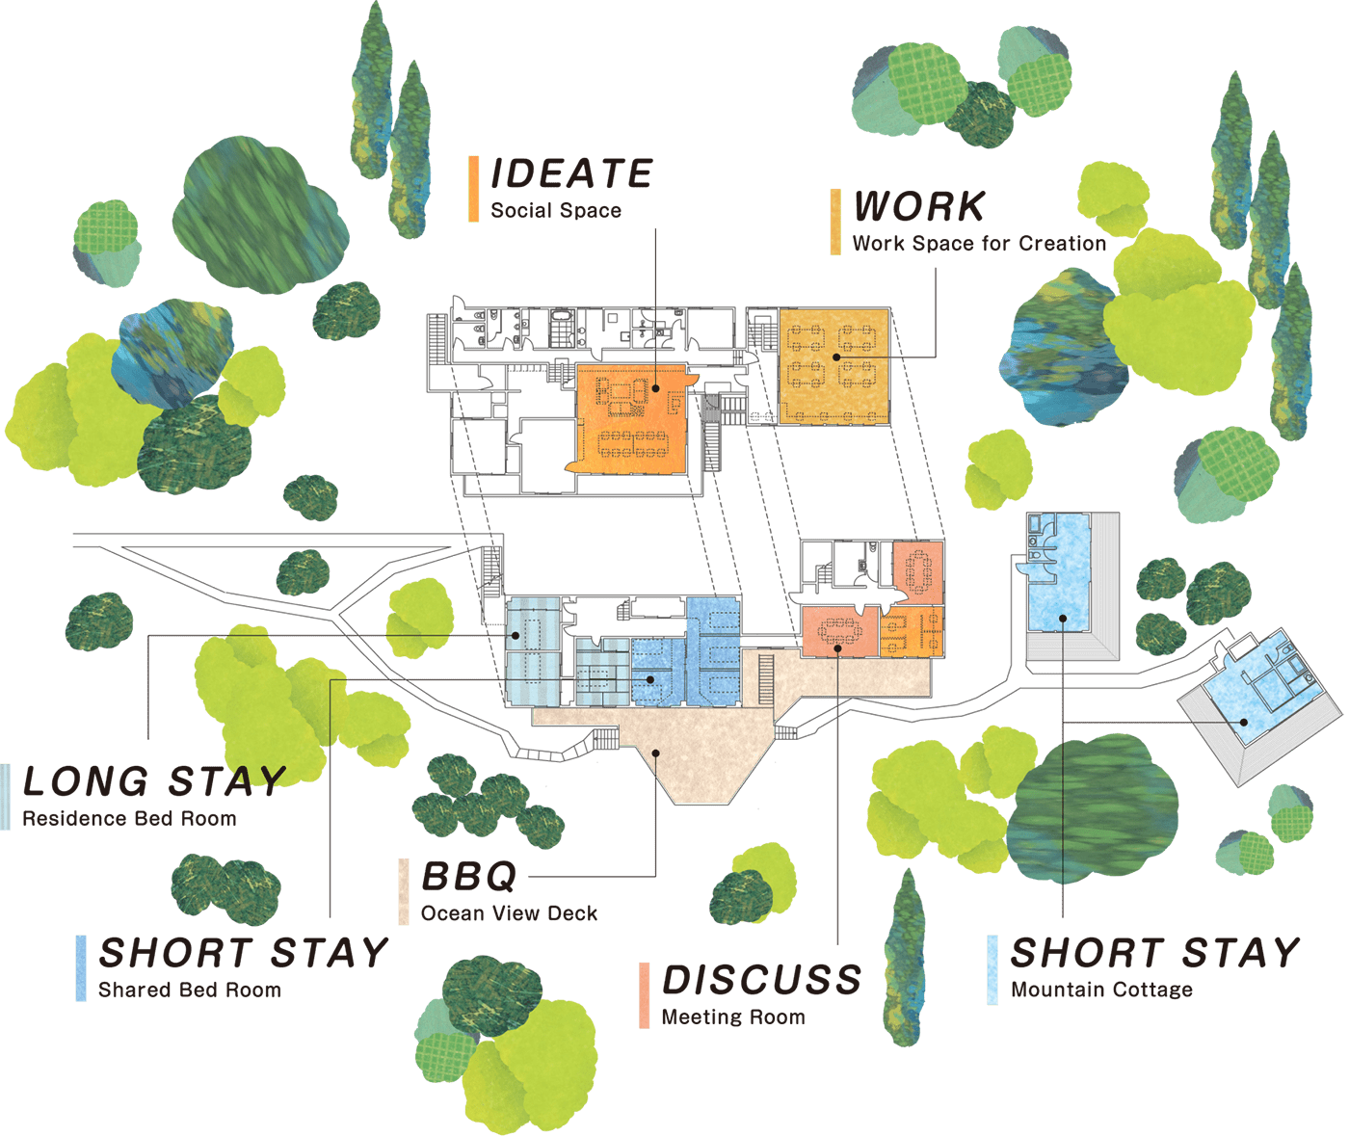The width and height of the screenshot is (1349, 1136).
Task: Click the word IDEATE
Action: coord(571,173)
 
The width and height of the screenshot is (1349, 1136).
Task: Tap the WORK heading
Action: coord(919,207)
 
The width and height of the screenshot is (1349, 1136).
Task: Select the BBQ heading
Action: coord(469,876)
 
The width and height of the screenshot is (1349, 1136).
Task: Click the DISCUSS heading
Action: coord(762,980)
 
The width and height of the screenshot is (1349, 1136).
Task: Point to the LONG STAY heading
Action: coord(154,781)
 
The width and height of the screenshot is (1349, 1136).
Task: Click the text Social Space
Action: coord(556,211)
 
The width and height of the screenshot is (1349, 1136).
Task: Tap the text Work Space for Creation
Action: coord(979,244)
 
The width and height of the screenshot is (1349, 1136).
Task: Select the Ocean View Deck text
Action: coord(509,913)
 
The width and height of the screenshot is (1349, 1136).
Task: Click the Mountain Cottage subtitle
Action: coord(1101,990)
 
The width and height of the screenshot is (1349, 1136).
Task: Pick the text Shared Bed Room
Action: coord(190,990)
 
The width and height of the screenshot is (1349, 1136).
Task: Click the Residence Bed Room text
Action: coord(129,819)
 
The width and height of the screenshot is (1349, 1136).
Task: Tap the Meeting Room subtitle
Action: coord(733,1017)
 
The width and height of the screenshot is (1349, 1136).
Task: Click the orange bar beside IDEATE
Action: coord(473,189)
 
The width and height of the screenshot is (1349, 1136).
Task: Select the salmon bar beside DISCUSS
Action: coord(644,995)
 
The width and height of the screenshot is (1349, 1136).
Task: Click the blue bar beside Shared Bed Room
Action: coord(81,968)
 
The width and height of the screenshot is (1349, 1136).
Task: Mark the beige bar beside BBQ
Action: coord(404,891)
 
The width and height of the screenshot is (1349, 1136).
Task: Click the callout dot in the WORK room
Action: coord(836,357)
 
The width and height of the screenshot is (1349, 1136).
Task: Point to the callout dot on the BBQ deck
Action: coord(656,753)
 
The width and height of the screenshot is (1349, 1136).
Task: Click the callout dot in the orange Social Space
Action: coord(656,388)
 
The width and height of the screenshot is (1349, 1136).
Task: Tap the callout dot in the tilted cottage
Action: coord(1243,723)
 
